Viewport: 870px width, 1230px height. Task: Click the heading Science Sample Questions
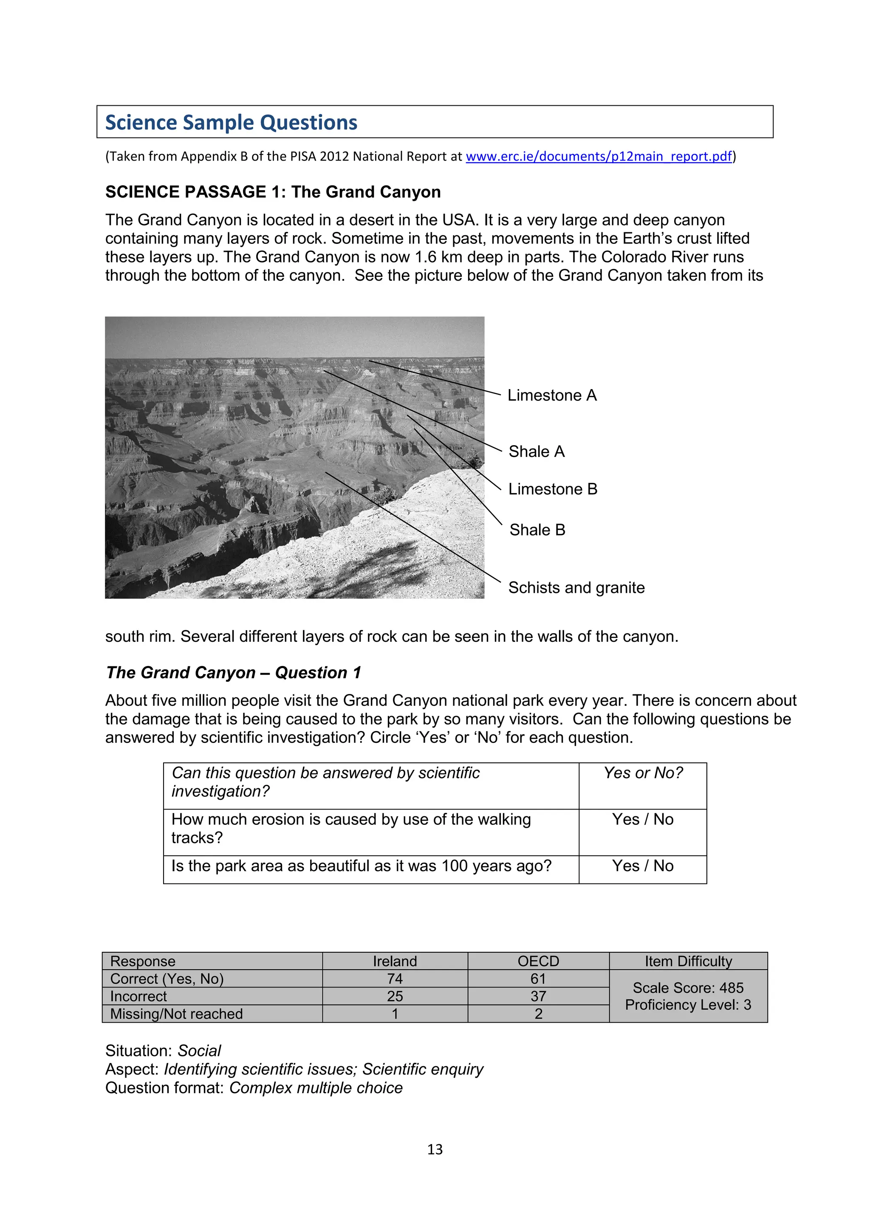[231, 123]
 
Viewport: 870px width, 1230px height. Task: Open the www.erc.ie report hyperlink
[599, 156]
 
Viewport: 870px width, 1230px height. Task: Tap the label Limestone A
[552, 395]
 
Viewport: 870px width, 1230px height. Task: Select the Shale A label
[536, 451]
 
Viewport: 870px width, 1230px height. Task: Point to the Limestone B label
[552, 489]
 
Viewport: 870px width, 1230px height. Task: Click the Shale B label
[537, 530]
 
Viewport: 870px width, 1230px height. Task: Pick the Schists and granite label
[576, 588]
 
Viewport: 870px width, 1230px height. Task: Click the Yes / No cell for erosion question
[642, 819]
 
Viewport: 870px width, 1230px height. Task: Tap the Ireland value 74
[395, 979]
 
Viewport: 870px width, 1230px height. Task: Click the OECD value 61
[538, 979]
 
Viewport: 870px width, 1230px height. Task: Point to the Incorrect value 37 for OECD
[538, 996]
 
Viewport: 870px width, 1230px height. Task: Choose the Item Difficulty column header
[688, 961]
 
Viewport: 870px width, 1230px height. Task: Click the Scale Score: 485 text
[688, 988]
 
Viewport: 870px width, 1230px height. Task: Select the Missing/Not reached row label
[176, 1014]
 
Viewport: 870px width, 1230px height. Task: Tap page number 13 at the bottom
[435, 1150]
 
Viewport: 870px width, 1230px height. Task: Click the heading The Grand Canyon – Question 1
[234, 673]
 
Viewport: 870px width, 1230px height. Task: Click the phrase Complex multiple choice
[316, 1088]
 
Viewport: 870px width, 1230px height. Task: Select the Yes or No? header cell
[642, 773]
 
